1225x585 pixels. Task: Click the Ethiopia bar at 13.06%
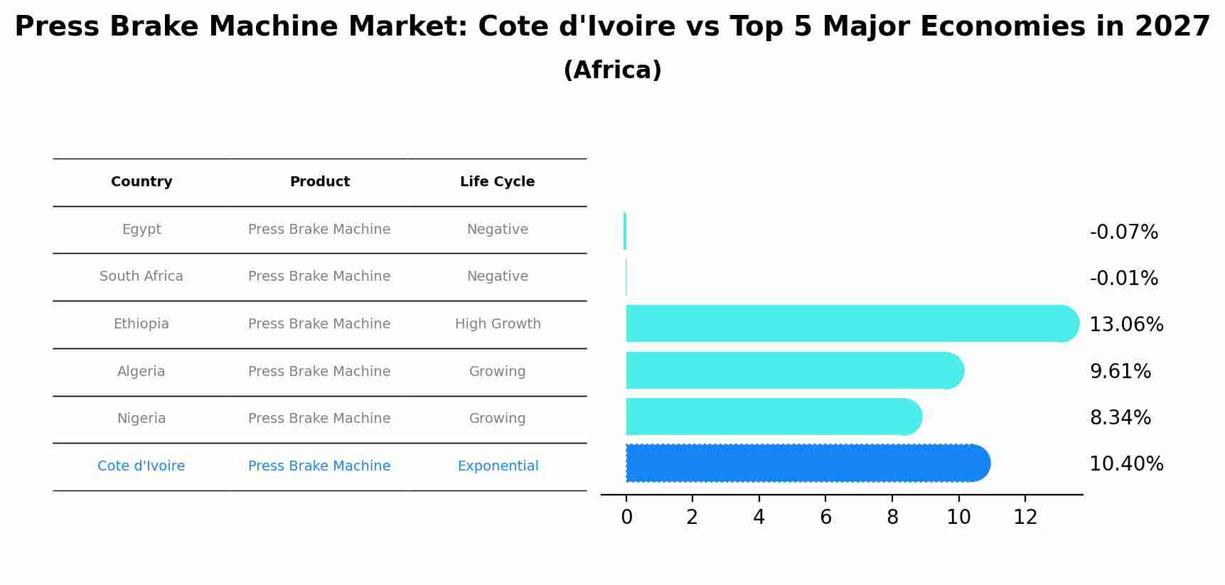[852, 323]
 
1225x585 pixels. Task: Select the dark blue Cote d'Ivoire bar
[808, 463]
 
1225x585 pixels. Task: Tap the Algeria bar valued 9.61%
[794, 370]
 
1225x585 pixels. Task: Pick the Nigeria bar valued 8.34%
[774, 417]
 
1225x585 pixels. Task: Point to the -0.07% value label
[1123, 232]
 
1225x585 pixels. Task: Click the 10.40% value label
[1126, 464]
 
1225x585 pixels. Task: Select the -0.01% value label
[1123, 279]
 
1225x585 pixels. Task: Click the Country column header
[141, 182]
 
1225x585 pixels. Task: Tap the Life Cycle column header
[497, 182]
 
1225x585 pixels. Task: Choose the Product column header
[319, 182]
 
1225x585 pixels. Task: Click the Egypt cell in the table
[141, 230]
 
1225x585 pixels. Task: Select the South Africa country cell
[141, 277]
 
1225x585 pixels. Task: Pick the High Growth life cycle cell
[498, 324]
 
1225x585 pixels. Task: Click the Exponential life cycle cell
[498, 466]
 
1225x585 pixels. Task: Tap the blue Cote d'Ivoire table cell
[141, 466]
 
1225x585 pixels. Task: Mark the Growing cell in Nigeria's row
[497, 419]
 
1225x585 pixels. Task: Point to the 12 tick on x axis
[1025, 517]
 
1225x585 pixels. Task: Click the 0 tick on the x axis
[626, 517]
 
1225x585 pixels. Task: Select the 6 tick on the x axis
[825, 517]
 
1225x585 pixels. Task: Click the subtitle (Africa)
[612, 70]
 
